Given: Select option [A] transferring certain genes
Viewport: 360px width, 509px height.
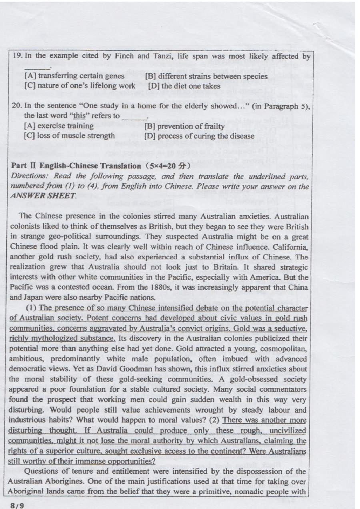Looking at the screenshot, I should click(x=74, y=76).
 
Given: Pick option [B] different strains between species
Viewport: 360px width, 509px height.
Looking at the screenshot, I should click(x=206, y=76).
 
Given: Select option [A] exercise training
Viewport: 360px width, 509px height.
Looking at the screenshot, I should click(x=59, y=126).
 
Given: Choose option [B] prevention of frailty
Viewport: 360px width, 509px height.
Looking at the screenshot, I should click(x=184, y=126).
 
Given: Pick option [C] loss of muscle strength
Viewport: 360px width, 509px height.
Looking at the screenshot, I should click(x=70, y=136).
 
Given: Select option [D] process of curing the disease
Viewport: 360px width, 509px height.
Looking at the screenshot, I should click(x=200, y=136).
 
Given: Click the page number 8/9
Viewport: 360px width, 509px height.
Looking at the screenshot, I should click(x=18, y=505).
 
